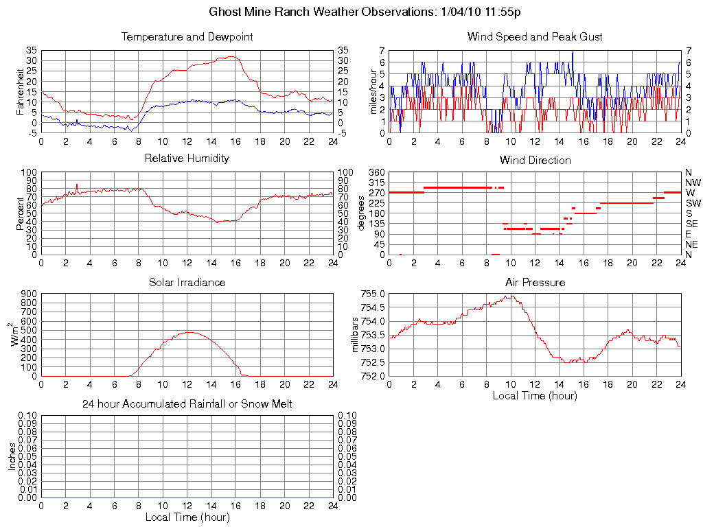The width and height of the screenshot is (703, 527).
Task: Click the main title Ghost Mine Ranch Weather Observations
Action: [x=365, y=12]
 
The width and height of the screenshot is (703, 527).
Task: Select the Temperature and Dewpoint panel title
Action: [x=187, y=37]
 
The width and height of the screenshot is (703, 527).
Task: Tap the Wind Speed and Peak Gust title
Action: [x=535, y=37]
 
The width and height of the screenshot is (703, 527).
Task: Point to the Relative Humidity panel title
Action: [x=187, y=159]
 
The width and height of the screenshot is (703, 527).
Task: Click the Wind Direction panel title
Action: [x=535, y=161]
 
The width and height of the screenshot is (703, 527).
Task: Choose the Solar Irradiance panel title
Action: [x=187, y=283]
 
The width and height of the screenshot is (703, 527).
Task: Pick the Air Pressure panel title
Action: [x=535, y=283]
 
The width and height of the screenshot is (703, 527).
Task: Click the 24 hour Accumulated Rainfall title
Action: [x=187, y=404]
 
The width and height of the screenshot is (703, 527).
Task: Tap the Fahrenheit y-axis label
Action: [x=20, y=91]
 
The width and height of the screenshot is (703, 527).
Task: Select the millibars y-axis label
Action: [x=356, y=334]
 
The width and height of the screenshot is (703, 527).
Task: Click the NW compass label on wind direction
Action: [x=692, y=183]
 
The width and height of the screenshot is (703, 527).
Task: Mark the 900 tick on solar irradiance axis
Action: [x=29, y=294]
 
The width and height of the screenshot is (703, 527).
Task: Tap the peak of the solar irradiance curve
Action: [x=188, y=332]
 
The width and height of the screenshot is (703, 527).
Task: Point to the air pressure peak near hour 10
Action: [x=511, y=296]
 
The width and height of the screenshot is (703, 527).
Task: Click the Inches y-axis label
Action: [x=12, y=456]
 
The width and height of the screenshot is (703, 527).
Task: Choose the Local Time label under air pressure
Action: [x=535, y=395]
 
